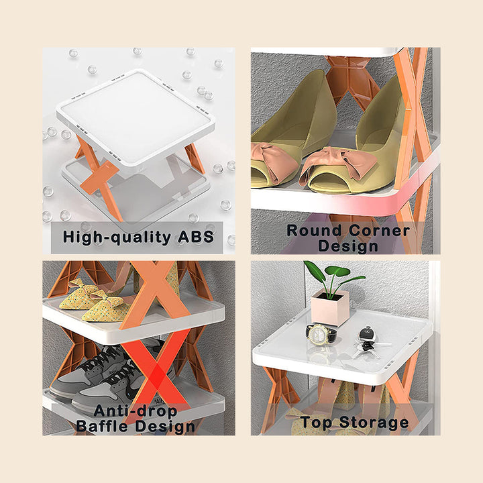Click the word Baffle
coord(109,426)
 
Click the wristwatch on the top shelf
coord(321,333)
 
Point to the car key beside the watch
coord(366,335)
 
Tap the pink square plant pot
coord(329,308)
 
